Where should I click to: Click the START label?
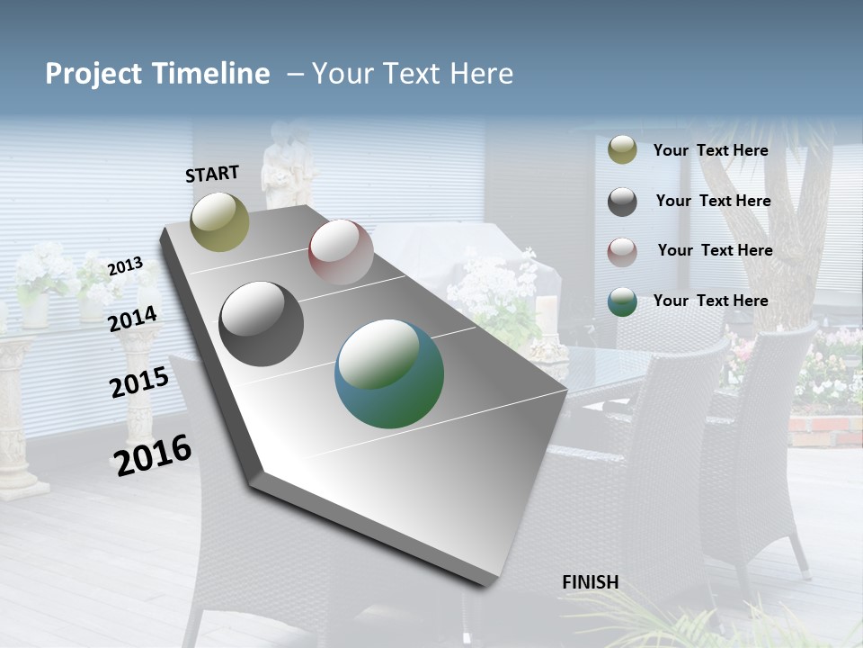[212, 174]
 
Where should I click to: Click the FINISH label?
[591, 582]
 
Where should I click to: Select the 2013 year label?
[126, 265]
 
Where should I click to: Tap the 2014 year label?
[133, 319]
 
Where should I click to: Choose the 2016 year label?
[154, 454]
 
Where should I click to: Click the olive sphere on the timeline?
[219, 221]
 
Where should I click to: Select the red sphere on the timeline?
[341, 252]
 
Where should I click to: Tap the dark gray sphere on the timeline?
[262, 324]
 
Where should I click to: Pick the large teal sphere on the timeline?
[389, 373]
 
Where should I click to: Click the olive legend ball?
[622, 150]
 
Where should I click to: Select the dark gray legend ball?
[622, 202]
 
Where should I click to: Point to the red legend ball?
[622, 252]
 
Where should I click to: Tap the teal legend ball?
[622, 301]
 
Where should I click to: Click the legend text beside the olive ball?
[711, 150]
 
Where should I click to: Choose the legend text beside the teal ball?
[711, 301]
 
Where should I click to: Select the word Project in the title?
[92, 74]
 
